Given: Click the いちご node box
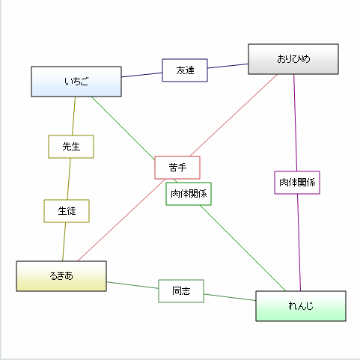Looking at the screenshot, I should [76, 82].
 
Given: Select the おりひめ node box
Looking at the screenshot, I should [293, 59].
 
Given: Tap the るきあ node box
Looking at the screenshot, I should [61, 275].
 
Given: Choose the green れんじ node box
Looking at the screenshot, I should [300, 306].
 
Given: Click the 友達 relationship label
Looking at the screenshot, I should [185, 70].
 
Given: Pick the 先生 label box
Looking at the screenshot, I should [71, 147].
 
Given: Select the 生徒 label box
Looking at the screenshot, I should [67, 211].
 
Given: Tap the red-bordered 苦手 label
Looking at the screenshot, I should [177, 167].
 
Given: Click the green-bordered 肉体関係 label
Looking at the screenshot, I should [189, 194].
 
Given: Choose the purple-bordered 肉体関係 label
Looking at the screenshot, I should [297, 183].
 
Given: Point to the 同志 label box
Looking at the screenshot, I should [181, 290].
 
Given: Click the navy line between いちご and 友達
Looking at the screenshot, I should [142, 75].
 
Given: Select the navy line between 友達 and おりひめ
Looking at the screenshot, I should [228, 67].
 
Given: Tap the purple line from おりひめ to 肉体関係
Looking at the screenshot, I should [295, 123].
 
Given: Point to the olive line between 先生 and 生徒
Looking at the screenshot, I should [69, 179].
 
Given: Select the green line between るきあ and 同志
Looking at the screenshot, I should [132, 284].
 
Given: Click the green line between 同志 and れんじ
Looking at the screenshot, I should [230, 297].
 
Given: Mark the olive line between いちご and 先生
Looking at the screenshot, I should [73, 116].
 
